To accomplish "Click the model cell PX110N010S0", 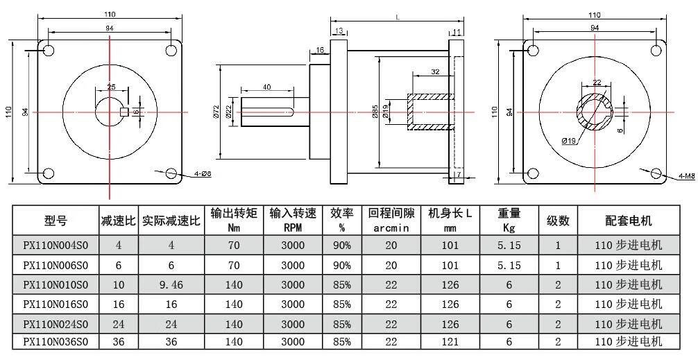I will (56, 284).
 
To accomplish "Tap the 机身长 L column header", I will (450, 220).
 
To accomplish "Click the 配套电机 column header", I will (629, 221).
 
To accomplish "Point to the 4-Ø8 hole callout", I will (201, 173).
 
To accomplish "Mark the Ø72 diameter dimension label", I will (216, 112).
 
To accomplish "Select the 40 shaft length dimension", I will (266, 87).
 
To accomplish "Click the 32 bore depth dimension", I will (434, 72).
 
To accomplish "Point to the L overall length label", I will (397, 18).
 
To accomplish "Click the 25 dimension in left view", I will (111, 87).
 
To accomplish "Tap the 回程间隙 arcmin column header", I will (391, 220).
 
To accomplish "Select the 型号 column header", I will (56, 221).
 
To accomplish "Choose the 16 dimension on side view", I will (320, 50).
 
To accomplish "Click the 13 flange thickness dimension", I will (339, 32).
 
